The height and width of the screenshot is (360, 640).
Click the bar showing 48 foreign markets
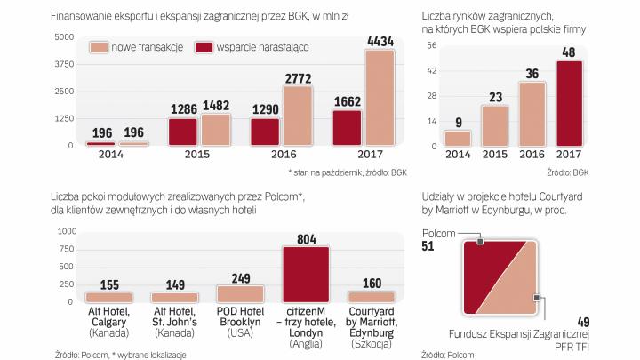571,102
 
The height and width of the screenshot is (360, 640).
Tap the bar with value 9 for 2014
457,139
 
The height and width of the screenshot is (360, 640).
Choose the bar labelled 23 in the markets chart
495,126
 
